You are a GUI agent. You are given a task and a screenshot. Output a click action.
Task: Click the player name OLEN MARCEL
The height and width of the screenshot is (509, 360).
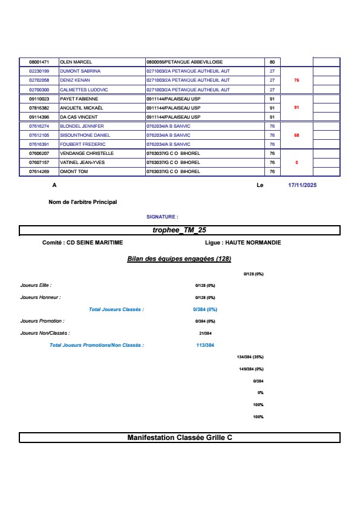click(x=76, y=62)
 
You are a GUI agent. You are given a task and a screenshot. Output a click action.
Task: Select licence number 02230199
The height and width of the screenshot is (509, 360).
click(x=39, y=71)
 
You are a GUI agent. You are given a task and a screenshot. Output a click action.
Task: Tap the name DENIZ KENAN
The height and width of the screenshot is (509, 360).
click(x=75, y=80)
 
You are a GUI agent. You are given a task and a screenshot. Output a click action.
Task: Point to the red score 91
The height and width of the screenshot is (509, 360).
click(x=296, y=107)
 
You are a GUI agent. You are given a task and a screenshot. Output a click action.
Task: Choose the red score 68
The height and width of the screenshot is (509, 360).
click(x=296, y=135)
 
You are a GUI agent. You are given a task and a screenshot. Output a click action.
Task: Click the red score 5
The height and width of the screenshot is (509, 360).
click(x=296, y=162)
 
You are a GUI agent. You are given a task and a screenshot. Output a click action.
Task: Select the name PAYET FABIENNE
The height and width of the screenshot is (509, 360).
click(x=79, y=98)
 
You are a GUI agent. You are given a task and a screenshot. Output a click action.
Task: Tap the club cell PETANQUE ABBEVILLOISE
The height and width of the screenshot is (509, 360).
click(x=185, y=62)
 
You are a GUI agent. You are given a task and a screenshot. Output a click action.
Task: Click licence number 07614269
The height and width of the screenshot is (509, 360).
click(x=39, y=171)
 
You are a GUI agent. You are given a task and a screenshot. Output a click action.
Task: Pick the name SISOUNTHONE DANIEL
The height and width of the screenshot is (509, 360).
click(x=85, y=135)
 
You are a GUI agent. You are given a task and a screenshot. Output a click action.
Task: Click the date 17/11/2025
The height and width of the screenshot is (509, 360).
click(x=303, y=186)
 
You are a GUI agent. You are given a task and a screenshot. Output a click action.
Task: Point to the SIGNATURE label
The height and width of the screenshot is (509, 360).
click(x=162, y=216)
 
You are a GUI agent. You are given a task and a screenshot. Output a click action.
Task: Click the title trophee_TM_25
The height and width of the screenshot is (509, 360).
click(x=179, y=230)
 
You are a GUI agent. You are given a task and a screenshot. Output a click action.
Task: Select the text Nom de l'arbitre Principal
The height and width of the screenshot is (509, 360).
click(x=82, y=202)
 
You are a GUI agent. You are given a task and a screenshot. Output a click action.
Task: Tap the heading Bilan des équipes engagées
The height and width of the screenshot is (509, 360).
click(x=179, y=258)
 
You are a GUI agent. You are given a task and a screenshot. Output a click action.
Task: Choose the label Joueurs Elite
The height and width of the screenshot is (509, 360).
click(x=36, y=284)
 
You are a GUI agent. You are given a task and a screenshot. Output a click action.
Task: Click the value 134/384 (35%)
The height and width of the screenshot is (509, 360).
click(x=250, y=357)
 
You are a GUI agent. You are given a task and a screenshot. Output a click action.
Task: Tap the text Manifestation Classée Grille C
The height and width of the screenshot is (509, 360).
click(x=179, y=437)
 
